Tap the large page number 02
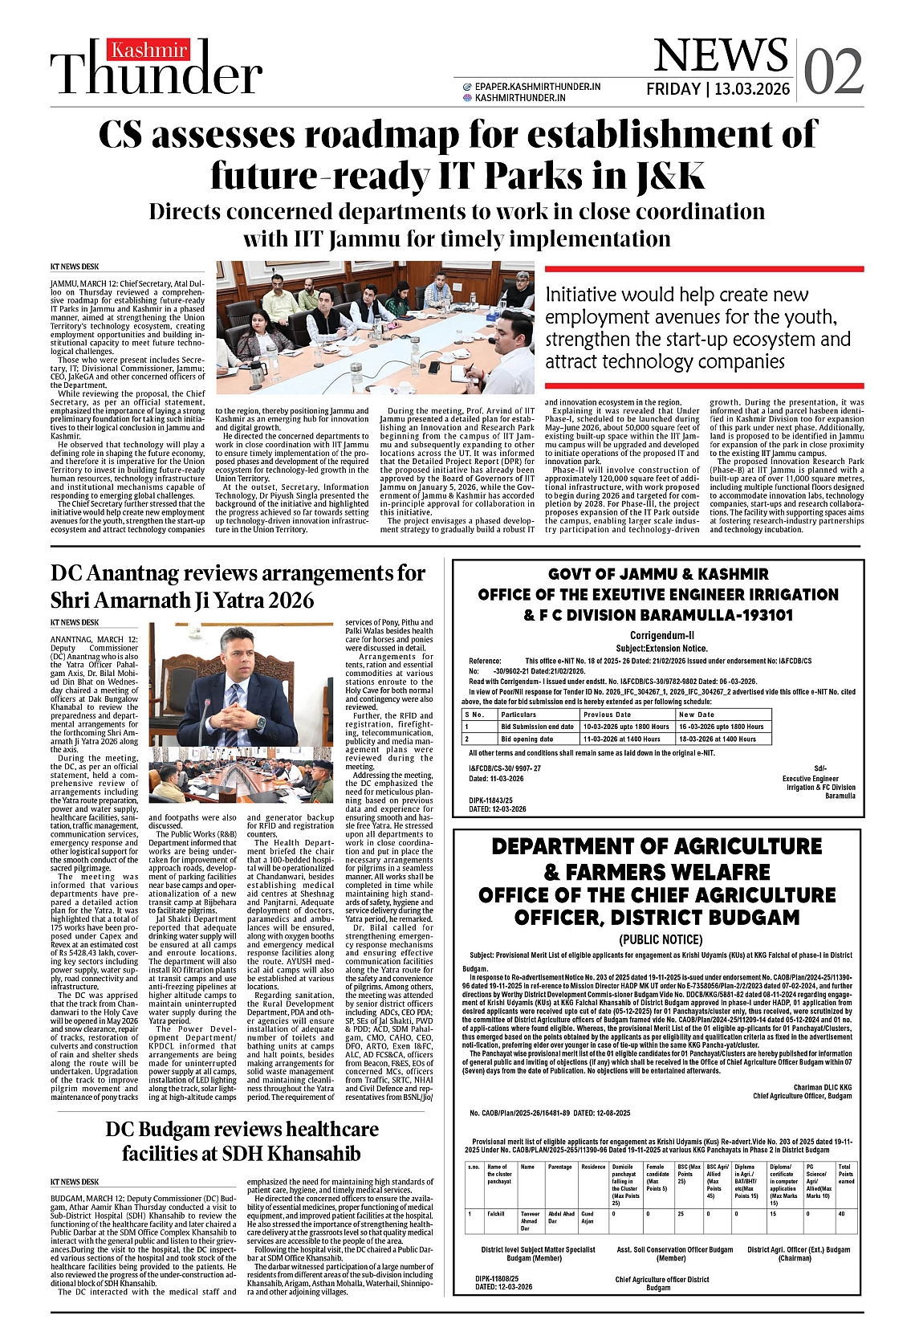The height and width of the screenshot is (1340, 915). click(x=833, y=71)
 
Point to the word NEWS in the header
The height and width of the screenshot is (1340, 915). click(x=720, y=55)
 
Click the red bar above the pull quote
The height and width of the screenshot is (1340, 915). click(x=704, y=270)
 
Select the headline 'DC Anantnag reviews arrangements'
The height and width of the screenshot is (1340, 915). click(x=238, y=573)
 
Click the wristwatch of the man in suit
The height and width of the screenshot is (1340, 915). click(x=260, y=722)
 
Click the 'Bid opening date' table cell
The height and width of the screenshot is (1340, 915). click(x=527, y=739)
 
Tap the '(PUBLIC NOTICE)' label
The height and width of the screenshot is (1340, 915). click(x=661, y=939)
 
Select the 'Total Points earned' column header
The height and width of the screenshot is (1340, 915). click(x=846, y=1174)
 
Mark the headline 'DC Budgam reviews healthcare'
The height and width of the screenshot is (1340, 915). click(x=242, y=1129)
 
